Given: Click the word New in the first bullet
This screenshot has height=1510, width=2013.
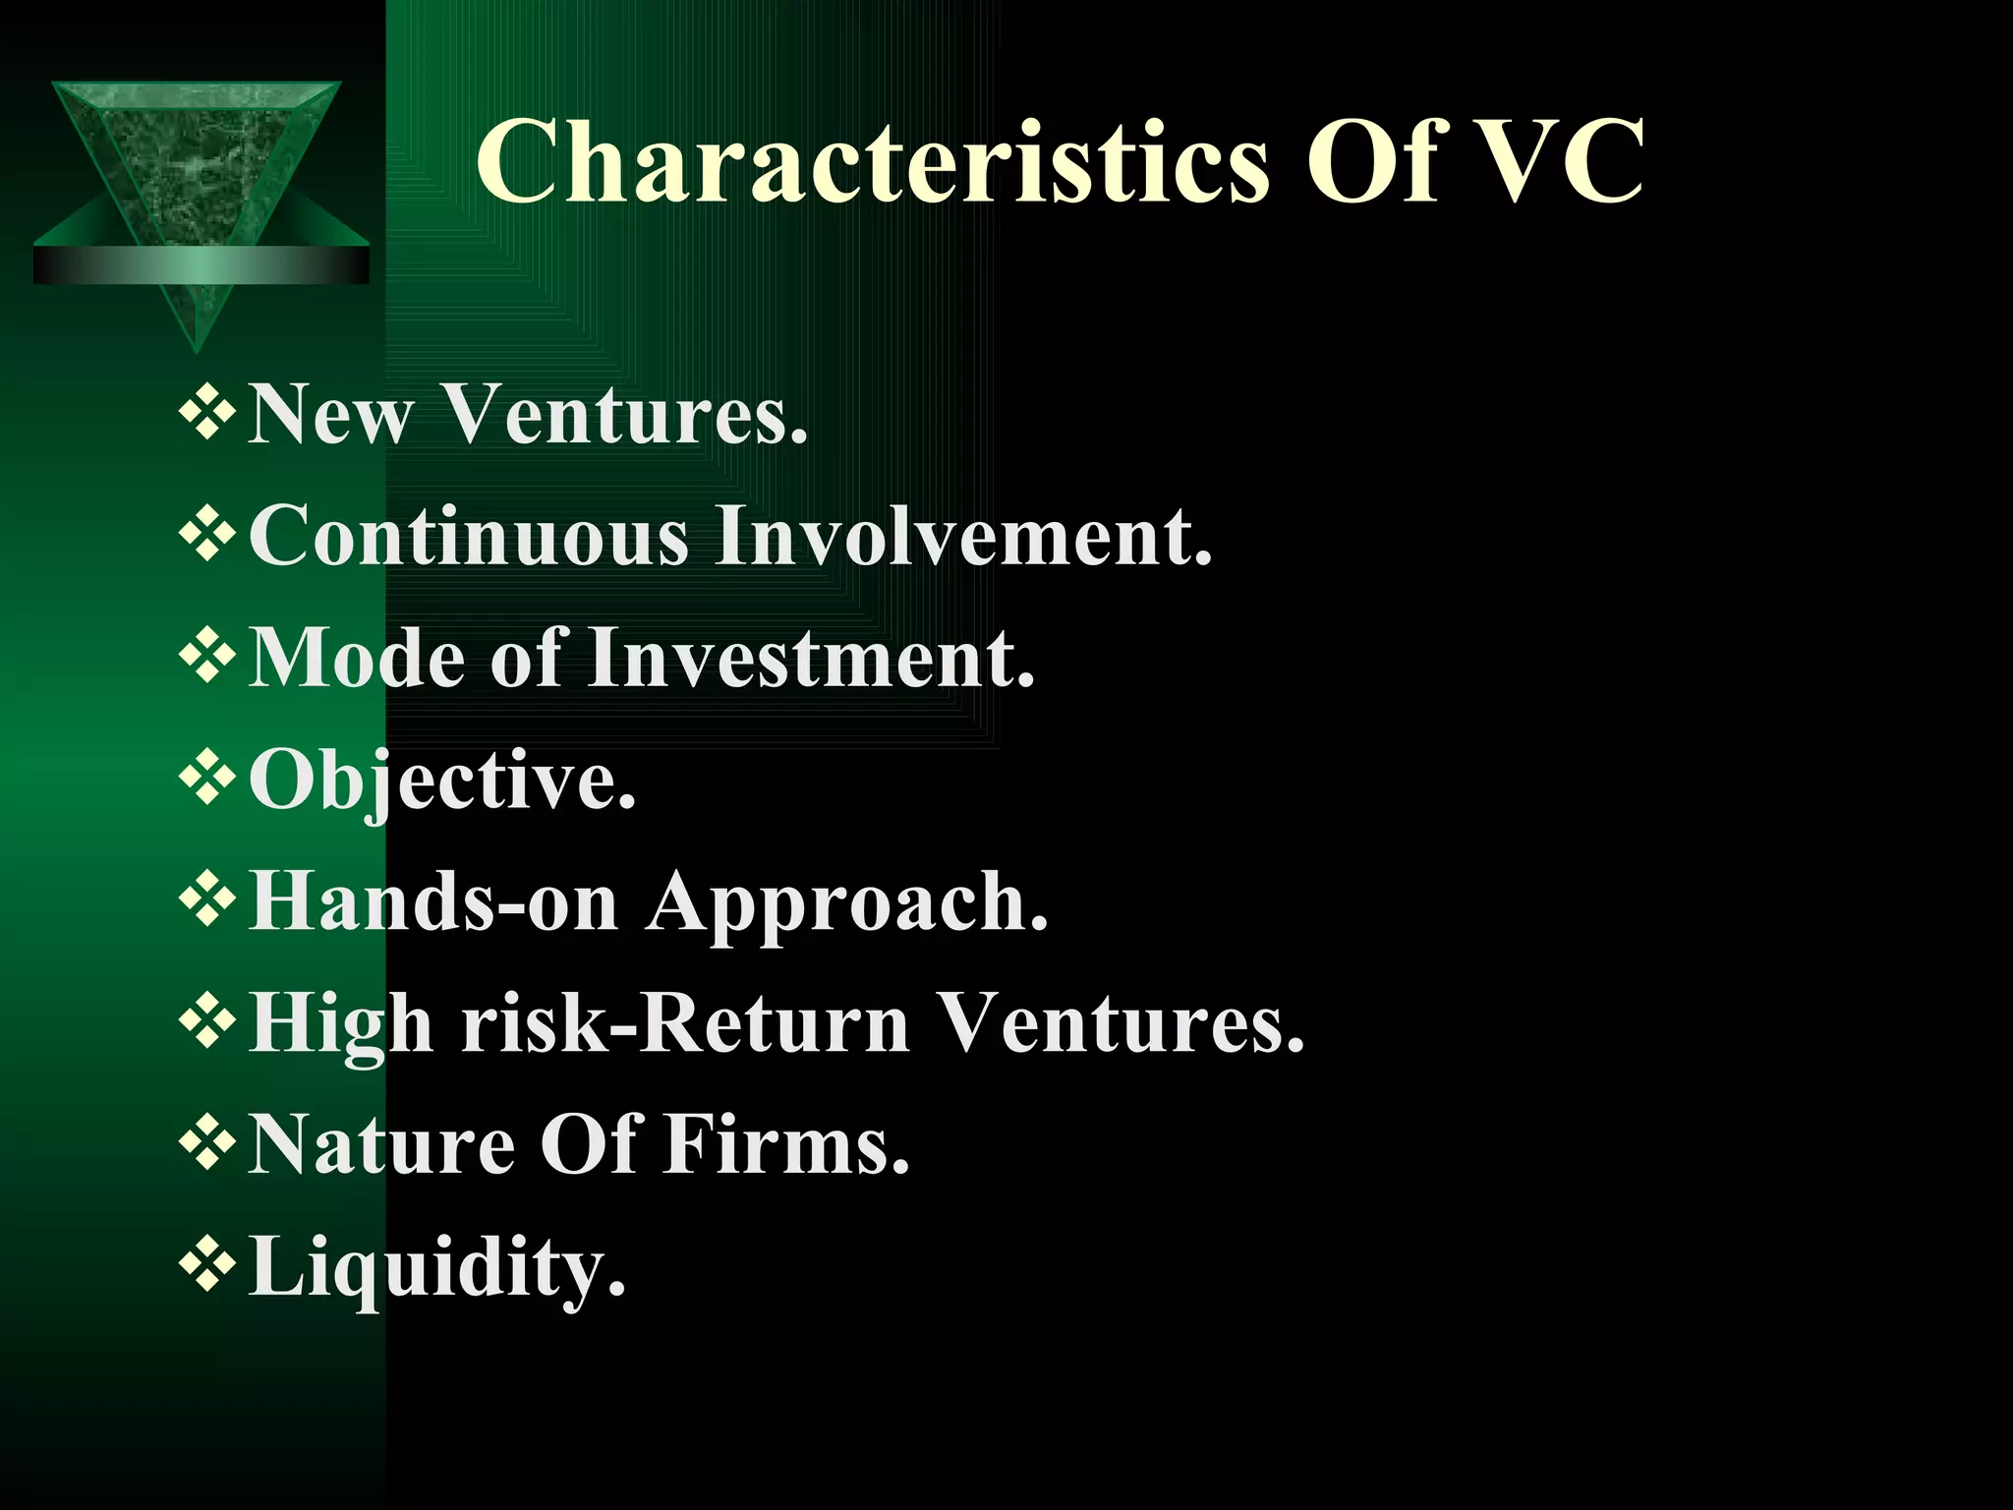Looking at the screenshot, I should pyautogui.click(x=330, y=414).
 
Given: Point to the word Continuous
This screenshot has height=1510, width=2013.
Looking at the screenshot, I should pyautogui.click(x=469, y=536).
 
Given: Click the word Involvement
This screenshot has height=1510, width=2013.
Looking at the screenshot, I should pyautogui.click(x=963, y=536).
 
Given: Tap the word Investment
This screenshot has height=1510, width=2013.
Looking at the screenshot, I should pyautogui.click(x=812, y=658).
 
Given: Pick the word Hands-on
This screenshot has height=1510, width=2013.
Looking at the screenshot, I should pyautogui.click(x=433, y=901).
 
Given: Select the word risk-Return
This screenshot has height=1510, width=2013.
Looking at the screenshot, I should pyautogui.click(x=686, y=1023).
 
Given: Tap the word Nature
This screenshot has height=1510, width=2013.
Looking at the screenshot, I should pyautogui.click(x=381, y=1145).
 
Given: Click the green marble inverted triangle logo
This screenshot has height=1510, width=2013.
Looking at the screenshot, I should pyautogui.click(x=197, y=157).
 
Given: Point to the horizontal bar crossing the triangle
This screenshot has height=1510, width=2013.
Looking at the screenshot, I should pyautogui.click(x=201, y=265).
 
